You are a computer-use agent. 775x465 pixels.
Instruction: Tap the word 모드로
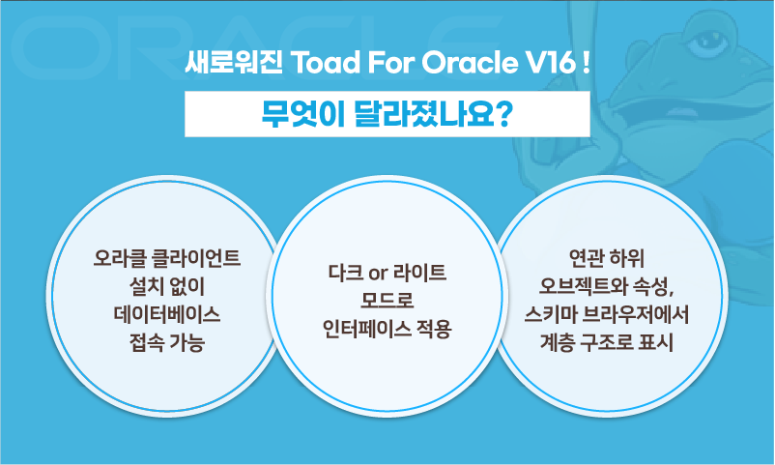(387, 301)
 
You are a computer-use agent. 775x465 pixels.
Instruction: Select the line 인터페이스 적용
(387, 329)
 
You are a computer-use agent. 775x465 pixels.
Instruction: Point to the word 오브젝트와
(586, 287)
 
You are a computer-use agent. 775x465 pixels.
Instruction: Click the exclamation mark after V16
(588, 67)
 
